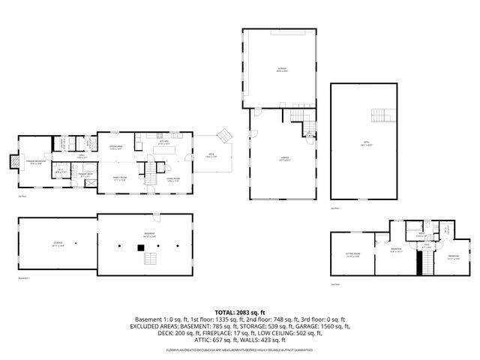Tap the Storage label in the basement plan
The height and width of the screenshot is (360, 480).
tap(57, 244)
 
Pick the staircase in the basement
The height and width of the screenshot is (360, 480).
tap(151, 260)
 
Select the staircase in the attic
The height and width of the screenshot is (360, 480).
tap(382, 116)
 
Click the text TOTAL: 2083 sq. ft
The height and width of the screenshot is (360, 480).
tap(239, 311)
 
